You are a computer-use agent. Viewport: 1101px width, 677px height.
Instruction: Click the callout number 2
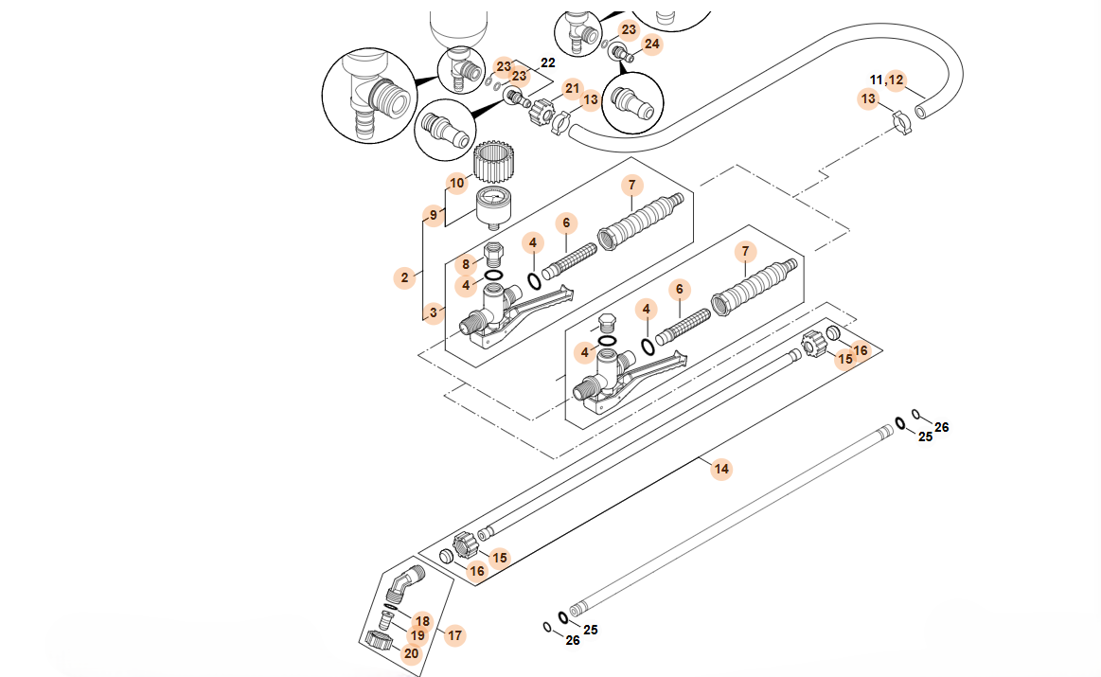(404, 277)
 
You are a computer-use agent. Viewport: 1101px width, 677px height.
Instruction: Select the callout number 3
(434, 312)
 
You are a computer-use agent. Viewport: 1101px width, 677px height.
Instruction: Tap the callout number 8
(465, 263)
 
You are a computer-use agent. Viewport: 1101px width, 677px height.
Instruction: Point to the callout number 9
(434, 216)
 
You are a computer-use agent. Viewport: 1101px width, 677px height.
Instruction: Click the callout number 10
(457, 182)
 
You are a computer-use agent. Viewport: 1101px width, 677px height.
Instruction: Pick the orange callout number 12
(896, 80)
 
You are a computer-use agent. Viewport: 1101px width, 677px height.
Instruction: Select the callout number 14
(721, 469)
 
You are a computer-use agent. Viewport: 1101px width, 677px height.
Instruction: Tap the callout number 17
(455, 635)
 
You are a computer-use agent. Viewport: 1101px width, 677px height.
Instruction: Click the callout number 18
(422, 621)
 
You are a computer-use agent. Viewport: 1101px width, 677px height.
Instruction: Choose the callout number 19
(417, 635)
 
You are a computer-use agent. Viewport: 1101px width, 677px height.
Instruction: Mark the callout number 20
(411, 652)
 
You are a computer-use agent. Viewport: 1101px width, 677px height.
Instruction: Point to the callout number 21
(571, 88)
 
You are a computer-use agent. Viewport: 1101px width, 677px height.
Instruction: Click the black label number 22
(547, 62)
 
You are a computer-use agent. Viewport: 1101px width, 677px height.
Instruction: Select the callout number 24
(651, 44)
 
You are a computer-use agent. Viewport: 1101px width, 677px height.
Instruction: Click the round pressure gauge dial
(491, 200)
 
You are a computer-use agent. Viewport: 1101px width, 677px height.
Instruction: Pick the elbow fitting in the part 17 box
(404, 580)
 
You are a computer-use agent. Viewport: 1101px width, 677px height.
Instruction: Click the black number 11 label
(876, 80)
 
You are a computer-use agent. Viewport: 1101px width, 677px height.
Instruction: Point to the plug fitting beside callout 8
(492, 255)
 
